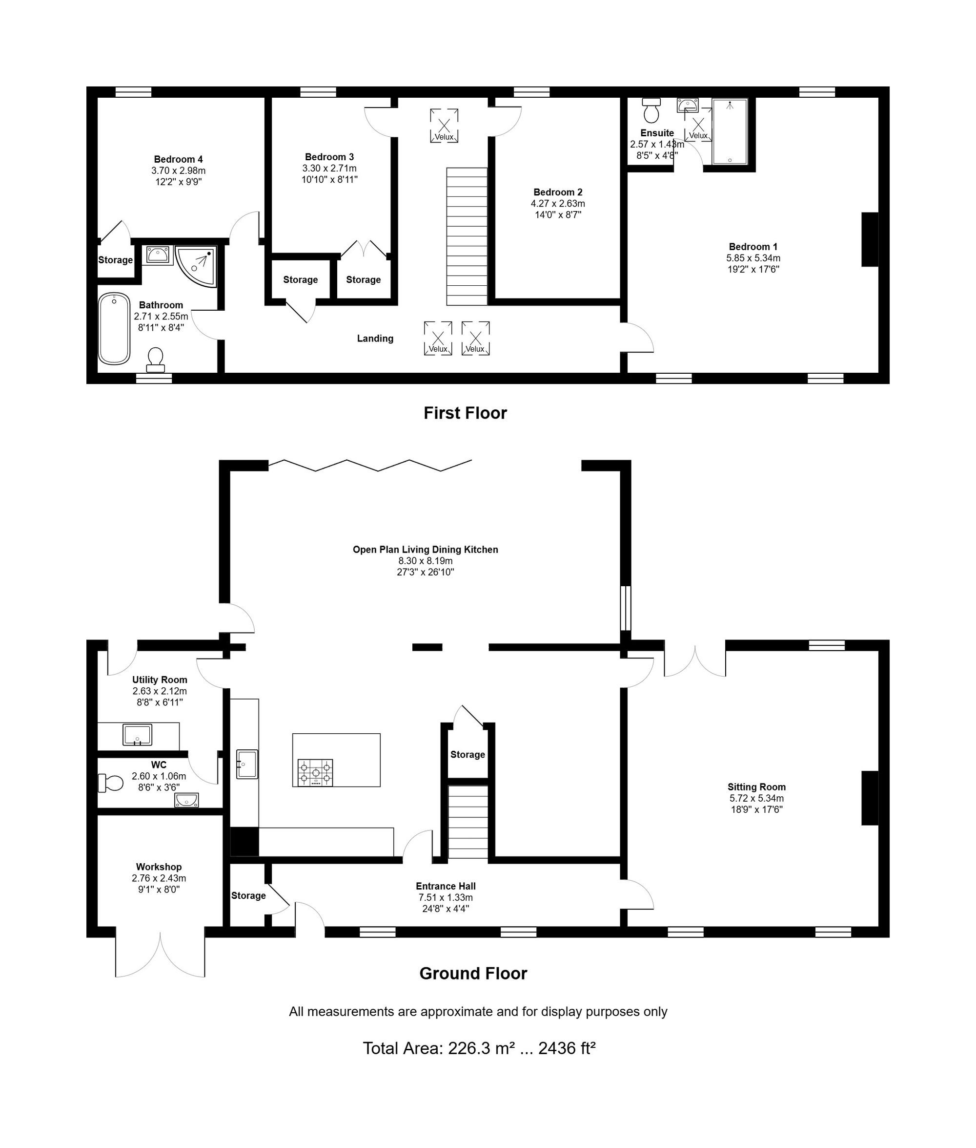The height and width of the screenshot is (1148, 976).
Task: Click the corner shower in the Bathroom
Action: click(x=196, y=266)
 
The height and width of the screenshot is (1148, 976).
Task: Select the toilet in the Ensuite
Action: click(x=651, y=110)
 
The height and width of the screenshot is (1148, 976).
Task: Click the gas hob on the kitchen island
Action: click(x=315, y=772)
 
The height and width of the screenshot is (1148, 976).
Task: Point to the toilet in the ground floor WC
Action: click(x=111, y=783)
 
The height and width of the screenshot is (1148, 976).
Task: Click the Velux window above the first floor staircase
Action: click(x=444, y=126)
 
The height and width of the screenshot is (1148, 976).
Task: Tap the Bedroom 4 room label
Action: click(x=179, y=159)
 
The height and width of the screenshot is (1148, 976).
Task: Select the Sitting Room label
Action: click(x=756, y=787)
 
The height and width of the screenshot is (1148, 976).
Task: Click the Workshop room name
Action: click(x=159, y=867)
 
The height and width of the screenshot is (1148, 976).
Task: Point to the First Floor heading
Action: click(x=466, y=413)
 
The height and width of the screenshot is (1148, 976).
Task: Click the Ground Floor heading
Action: click(x=473, y=973)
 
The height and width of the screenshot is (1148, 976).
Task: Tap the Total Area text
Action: click(x=479, y=1048)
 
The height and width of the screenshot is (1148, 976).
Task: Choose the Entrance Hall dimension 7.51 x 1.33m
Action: click(x=446, y=897)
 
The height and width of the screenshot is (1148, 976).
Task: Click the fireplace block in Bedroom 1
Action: click(x=870, y=239)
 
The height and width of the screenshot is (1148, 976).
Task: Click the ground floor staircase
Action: click(x=468, y=822)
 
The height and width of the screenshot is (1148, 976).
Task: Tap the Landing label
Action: click(x=375, y=339)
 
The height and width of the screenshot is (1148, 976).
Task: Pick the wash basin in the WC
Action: click(x=186, y=800)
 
